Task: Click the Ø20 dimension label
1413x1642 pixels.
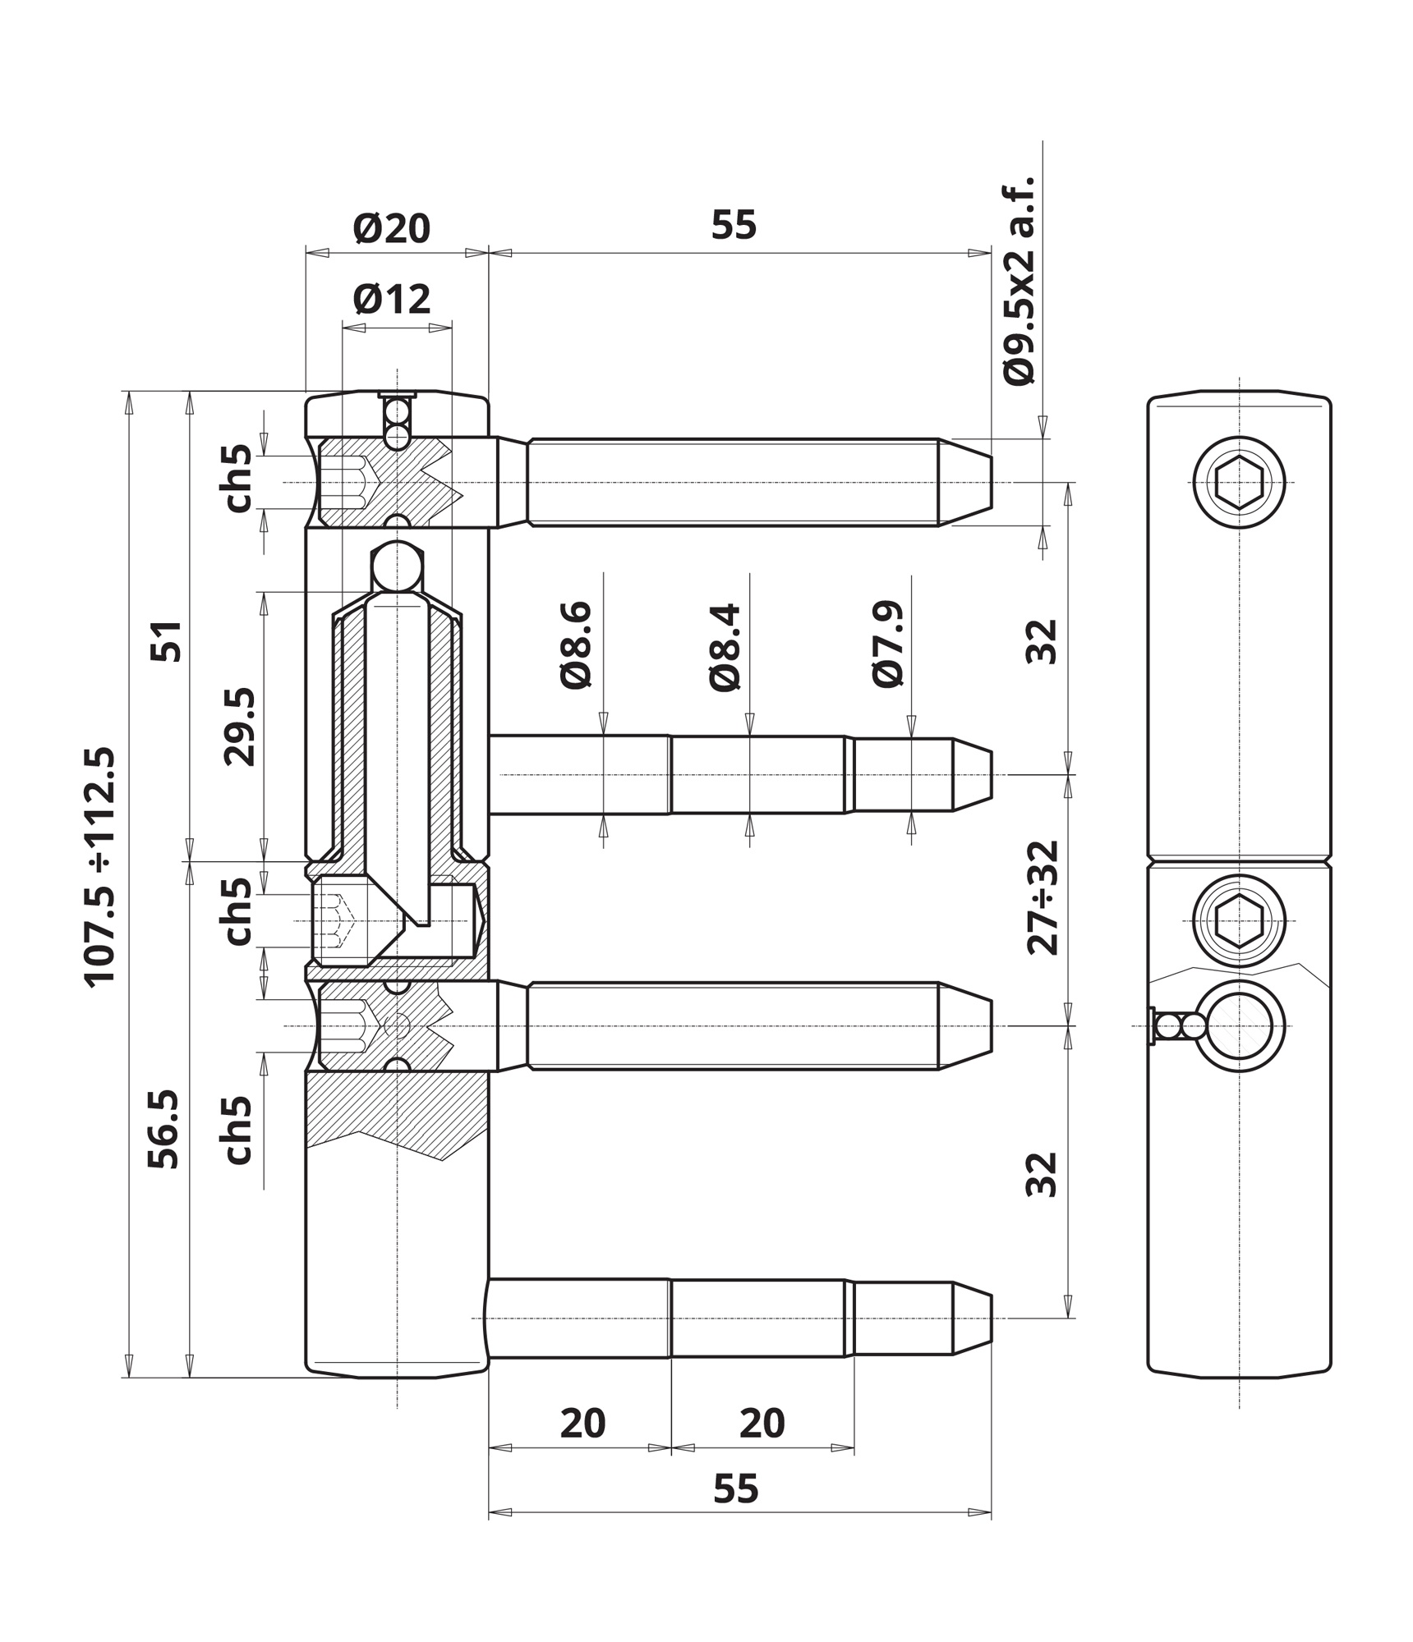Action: click(391, 228)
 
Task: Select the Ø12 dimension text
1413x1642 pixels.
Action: click(391, 300)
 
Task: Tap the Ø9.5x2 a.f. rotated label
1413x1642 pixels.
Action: click(1019, 281)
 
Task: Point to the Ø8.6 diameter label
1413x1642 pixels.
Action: click(576, 645)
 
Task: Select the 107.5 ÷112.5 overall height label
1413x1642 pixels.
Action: click(100, 866)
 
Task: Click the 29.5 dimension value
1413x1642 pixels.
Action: click(240, 727)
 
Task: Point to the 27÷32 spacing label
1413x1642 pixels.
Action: click(1043, 897)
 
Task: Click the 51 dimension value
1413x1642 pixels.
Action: click(166, 641)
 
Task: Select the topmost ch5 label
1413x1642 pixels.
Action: click(237, 479)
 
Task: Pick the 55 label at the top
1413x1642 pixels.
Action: click(734, 225)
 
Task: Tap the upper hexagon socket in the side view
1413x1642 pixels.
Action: click(1239, 482)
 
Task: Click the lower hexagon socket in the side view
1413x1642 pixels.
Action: click(1239, 921)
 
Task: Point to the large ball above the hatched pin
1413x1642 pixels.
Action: click(398, 566)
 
